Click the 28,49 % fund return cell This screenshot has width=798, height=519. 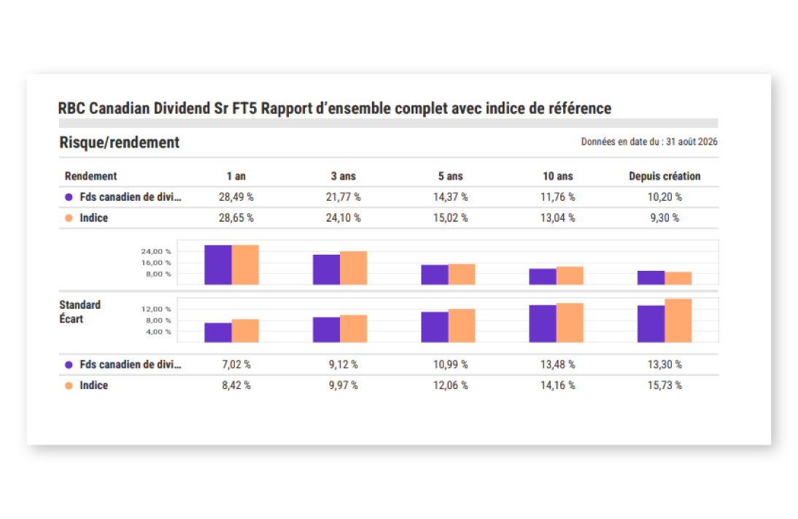pos(236,197)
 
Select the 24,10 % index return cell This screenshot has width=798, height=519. pos(344,218)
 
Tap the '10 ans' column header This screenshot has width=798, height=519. pos(558,176)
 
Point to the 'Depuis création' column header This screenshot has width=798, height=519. pos(665,176)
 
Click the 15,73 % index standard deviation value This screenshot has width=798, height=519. pos(665,385)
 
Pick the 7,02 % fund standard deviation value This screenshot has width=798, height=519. pos(236,365)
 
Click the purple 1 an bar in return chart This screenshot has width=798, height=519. pos(218,265)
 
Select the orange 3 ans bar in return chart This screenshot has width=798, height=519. pos(353,268)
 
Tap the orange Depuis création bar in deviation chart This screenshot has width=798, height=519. pos(678,321)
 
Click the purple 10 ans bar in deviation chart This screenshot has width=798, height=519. pos(543,324)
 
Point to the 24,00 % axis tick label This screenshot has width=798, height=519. pos(156,252)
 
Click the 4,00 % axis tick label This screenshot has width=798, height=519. pos(158,332)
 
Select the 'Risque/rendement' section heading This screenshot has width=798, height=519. pos(120,142)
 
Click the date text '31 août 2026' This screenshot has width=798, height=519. pos(692,142)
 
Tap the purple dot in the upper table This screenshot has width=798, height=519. pos(69,197)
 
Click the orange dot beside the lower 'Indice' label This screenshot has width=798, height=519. pos(69,385)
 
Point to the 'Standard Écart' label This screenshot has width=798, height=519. pos(80,312)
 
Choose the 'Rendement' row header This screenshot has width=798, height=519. pos(90,176)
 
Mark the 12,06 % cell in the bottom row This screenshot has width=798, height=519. pos(450,385)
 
